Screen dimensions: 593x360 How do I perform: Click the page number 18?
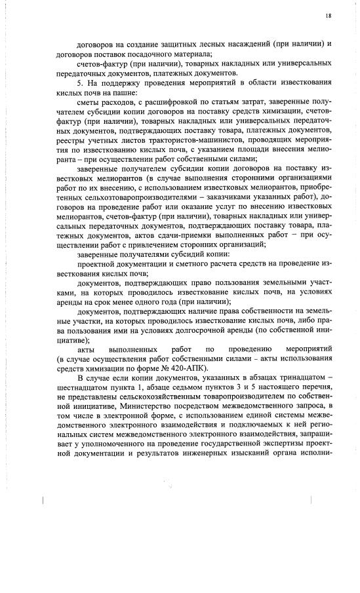328,14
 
